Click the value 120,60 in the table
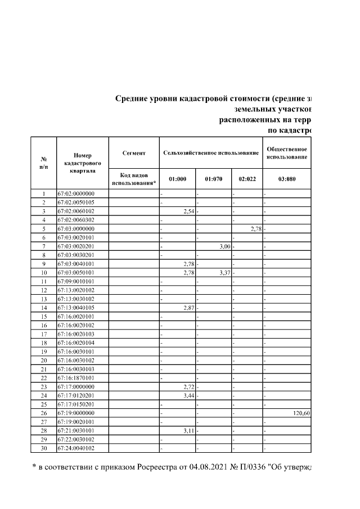301,412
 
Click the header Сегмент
134,153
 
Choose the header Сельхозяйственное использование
210,153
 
